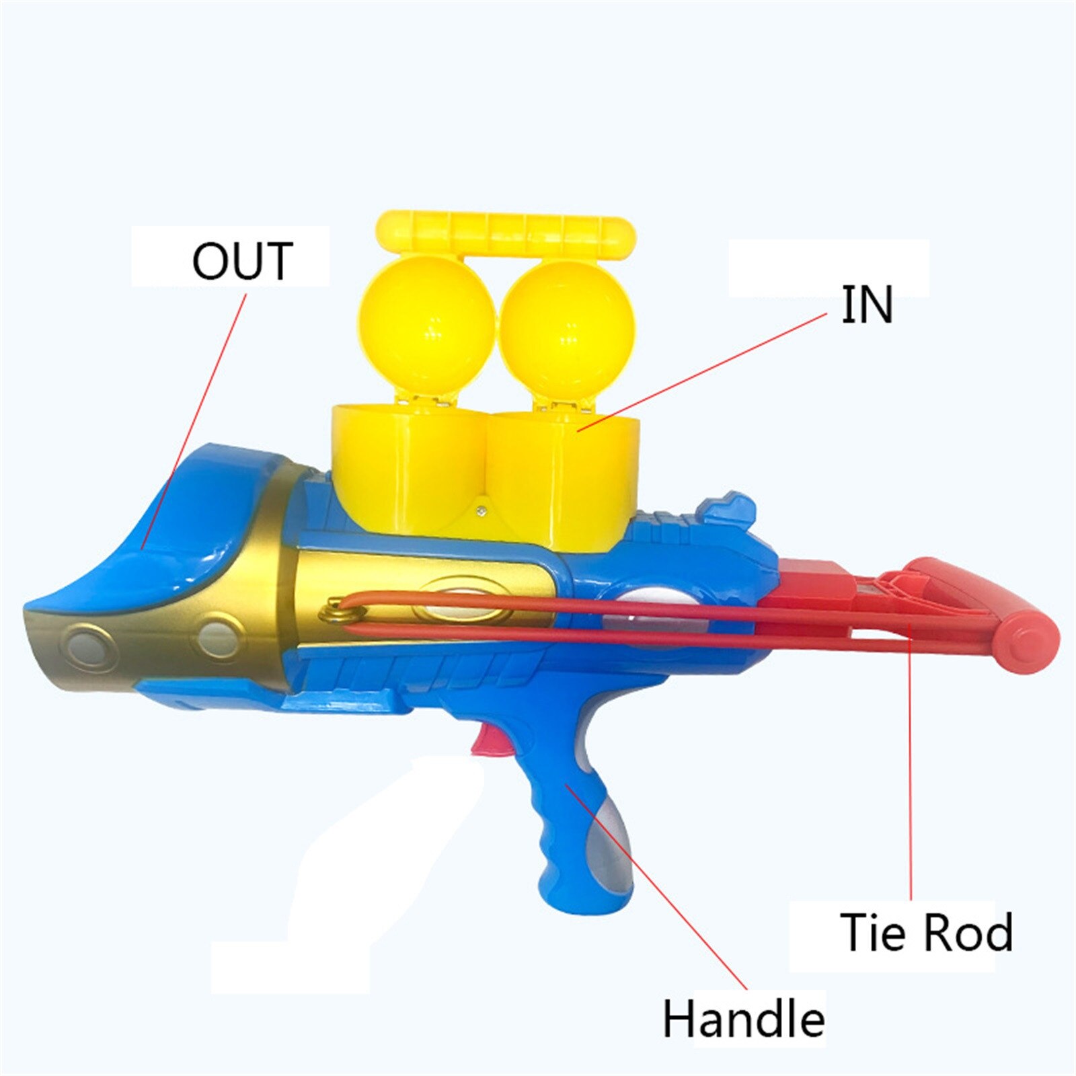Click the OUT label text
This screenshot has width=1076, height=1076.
243,261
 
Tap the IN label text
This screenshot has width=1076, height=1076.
867,305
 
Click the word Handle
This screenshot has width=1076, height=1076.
744,1019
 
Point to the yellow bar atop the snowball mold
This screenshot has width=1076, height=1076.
506,234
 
